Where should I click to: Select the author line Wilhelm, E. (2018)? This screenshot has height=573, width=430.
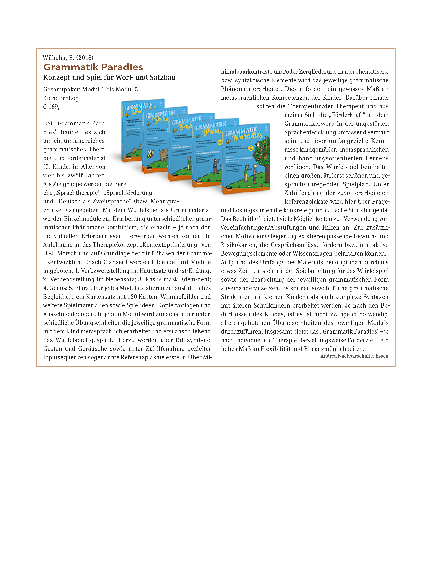[68, 58]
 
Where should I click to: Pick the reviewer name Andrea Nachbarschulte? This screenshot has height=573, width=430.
[347, 356]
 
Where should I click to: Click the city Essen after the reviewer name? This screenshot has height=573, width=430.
[382, 356]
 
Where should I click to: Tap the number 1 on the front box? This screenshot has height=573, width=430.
[266, 128]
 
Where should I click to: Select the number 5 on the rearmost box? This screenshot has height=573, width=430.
[161, 104]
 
